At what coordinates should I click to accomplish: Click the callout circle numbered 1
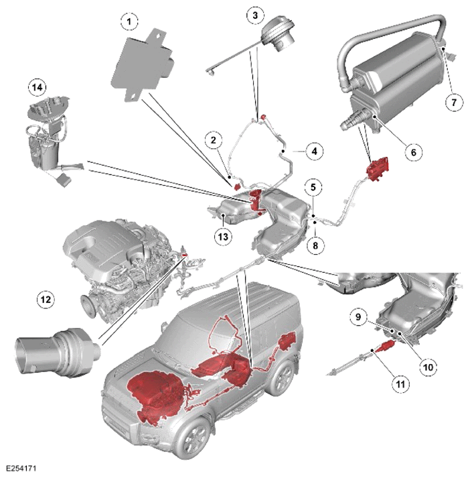129,21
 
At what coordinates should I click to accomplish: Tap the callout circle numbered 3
255,15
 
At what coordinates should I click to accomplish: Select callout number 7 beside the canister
453,101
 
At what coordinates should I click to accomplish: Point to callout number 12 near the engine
46,300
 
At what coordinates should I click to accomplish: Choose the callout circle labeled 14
37,88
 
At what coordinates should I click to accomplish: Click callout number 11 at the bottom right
400,383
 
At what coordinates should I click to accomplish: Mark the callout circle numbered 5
313,187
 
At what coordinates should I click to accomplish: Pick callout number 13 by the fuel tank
223,236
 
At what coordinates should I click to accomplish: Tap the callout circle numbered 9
358,316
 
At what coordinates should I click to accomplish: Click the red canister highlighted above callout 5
378,168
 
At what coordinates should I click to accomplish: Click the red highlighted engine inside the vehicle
155,396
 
